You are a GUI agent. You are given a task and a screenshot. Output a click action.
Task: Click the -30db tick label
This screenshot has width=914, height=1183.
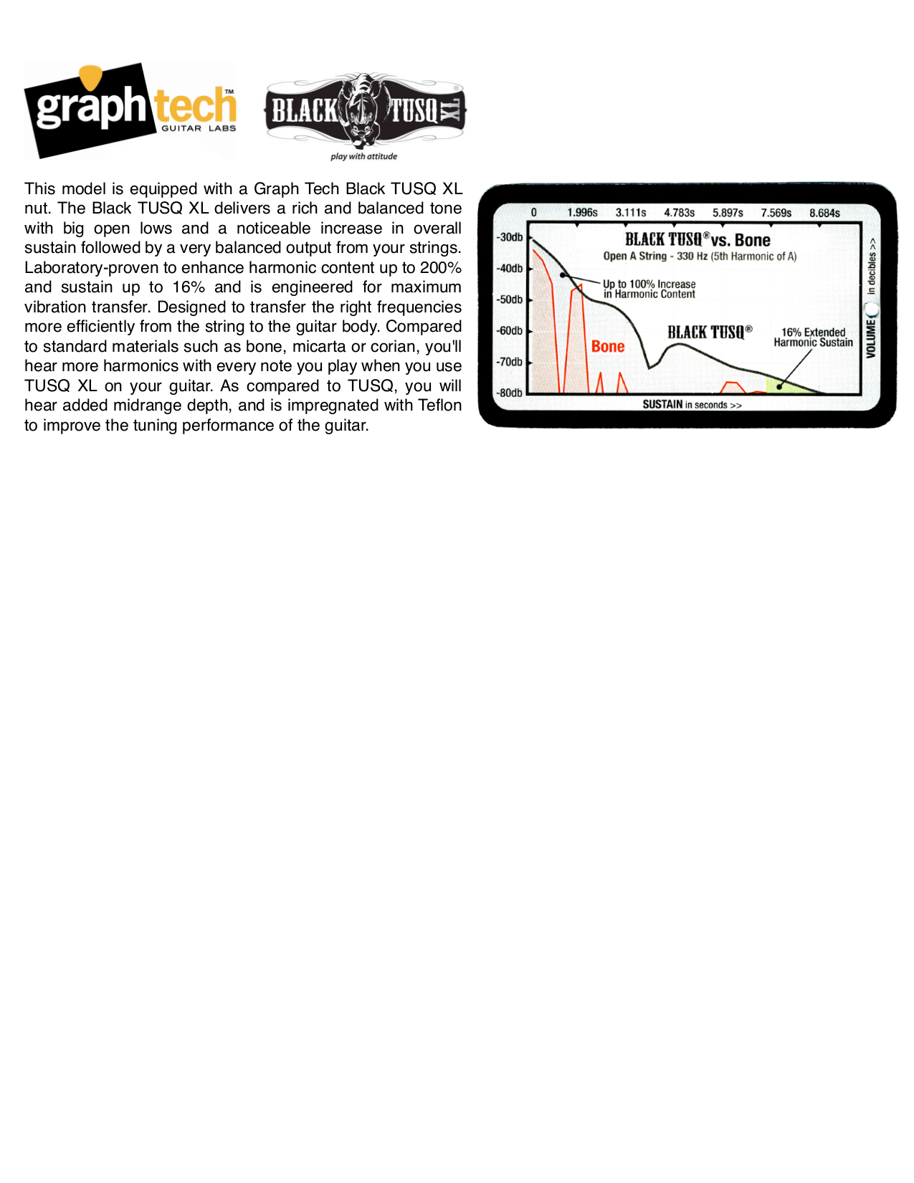point(510,237)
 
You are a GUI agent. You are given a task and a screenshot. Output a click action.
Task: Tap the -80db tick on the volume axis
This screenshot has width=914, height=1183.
point(510,393)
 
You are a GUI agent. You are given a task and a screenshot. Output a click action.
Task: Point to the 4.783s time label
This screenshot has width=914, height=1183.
point(679,213)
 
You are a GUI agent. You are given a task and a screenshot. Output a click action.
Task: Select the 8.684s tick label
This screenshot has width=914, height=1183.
point(824,213)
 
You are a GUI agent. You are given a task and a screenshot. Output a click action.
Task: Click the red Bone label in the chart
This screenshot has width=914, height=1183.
point(608,347)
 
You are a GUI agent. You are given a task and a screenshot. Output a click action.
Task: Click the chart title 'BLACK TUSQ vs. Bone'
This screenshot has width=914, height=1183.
point(697,240)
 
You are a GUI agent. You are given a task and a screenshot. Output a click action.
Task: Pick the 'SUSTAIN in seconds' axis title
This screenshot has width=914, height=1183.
point(692,405)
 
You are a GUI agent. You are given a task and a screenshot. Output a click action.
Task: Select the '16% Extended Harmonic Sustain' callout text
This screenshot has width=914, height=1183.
point(813,337)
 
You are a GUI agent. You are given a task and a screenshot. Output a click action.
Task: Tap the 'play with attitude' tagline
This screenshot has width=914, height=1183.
point(363,156)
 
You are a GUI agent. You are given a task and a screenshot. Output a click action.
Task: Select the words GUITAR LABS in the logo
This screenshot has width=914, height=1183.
point(199,128)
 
